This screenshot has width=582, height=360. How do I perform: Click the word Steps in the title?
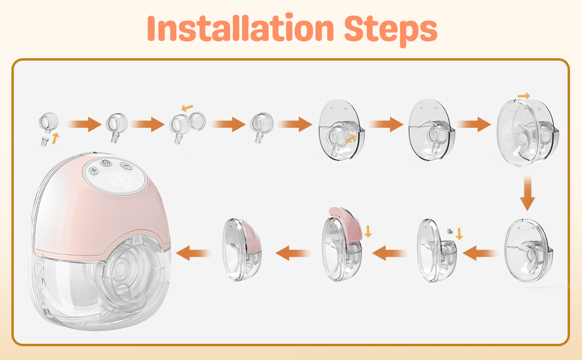pyautogui.click(x=391, y=29)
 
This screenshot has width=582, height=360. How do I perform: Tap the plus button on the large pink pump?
pyautogui.click(x=94, y=170)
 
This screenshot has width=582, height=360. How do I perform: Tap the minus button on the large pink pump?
pyautogui.click(x=127, y=166)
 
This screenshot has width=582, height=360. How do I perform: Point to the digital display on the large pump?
pyautogui.click(x=119, y=179)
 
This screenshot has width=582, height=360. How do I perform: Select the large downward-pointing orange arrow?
pyautogui.click(x=527, y=193)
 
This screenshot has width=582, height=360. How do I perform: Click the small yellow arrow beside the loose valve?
pyautogui.click(x=55, y=139)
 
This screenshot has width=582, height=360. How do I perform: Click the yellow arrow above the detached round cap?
pyautogui.click(x=187, y=108)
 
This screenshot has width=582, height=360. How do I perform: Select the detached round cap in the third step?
pyautogui.click(x=197, y=121)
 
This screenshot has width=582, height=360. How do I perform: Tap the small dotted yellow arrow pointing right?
pyautogui.click(x=524, y=96)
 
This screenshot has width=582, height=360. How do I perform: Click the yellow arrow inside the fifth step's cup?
pyautogui.click(x=350, y=139)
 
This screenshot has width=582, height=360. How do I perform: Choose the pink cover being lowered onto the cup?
pyautogui.click(x=346, y=223)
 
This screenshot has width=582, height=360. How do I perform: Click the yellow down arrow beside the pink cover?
pyautogui.click(x=368, y=231)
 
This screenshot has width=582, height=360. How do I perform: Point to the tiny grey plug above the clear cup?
pyautogui.click(x=450, y=231)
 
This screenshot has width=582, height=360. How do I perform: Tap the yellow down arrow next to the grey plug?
pyautogui.click(x=460, y=233)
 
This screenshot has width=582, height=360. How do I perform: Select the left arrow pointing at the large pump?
pyautogui.click(x=193, y=253)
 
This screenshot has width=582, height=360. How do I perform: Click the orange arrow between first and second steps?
pyautogui.click(x=84, y=124)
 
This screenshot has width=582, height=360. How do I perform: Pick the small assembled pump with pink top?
pyautogui.click(x=242, y=250)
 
